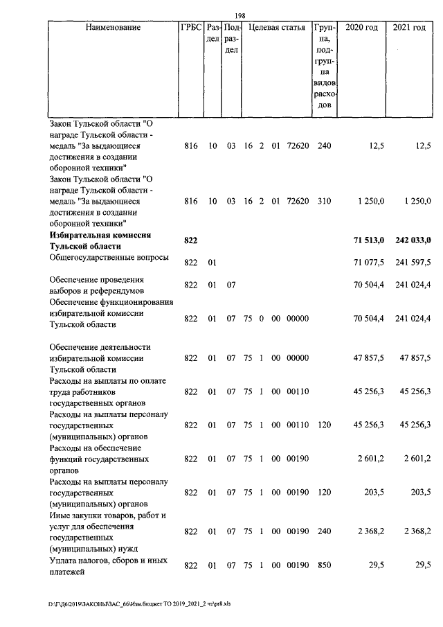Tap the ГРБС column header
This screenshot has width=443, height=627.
[191, 28]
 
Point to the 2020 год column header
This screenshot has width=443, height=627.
[361, 28]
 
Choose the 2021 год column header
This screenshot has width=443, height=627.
[409, 28]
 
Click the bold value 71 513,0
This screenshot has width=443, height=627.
[368, 240]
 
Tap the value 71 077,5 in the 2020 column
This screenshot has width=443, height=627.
[368, 262]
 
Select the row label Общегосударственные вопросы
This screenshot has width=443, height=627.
[109, 258]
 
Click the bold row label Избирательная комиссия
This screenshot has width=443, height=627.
[100, 236]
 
